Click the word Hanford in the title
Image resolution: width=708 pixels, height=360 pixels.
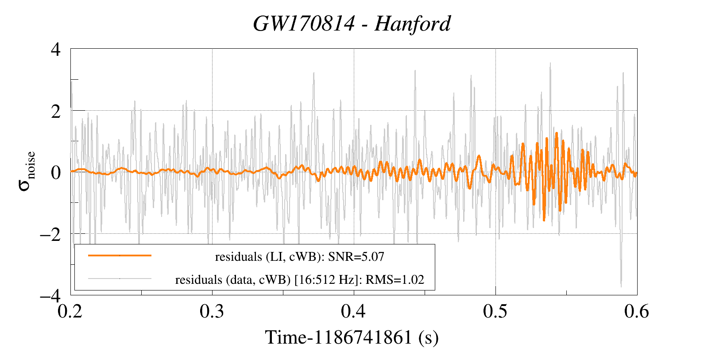point(412,24)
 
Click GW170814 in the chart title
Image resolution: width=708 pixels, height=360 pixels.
point(304,24)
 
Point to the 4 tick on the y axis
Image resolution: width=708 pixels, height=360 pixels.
point(56,49)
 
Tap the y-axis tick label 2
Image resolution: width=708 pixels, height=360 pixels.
point(56,111)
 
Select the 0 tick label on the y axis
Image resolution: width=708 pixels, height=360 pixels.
point(56,172)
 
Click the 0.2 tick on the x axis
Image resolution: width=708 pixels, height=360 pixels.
point(71,311)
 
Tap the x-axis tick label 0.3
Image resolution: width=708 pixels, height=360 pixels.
point(212,311)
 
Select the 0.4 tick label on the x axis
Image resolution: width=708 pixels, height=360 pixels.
point(354,311)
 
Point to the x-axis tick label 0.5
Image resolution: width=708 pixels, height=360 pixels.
point(495,311)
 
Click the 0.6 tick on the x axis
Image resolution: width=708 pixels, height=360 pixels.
point(637,311)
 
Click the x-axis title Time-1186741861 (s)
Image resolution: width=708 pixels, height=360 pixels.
point(352,337)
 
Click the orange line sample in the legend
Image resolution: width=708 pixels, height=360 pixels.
point(120,255)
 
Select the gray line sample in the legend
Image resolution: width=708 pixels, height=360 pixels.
point(120,279)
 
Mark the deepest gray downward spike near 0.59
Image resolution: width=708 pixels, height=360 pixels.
point(621,286)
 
